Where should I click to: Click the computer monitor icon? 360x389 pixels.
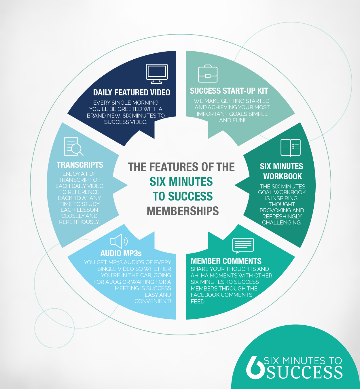[157, 74]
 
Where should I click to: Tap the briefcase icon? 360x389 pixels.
[208, 74]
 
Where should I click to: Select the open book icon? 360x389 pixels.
[291, 148]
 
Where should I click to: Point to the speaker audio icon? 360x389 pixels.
[119, 241]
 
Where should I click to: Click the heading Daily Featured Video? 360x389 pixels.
[132, 92]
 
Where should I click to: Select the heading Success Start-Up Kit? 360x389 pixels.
[229, 91]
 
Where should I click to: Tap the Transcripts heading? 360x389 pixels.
[80, 165]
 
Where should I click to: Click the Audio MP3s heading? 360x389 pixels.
[121, 253]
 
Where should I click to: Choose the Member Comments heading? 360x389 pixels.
[226, 261]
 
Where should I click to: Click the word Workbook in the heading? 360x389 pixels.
[283, 176]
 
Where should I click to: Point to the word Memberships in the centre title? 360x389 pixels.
[183, 211]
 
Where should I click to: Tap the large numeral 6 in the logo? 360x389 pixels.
[254, 368]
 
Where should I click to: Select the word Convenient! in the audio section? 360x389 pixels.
[153, 301]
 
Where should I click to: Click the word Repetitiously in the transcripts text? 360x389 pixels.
[79, 222]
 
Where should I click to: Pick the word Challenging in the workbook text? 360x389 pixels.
[282, 222]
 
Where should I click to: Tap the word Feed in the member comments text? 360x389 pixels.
[198, 301]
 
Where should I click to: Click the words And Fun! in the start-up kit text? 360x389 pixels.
[232, 120]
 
